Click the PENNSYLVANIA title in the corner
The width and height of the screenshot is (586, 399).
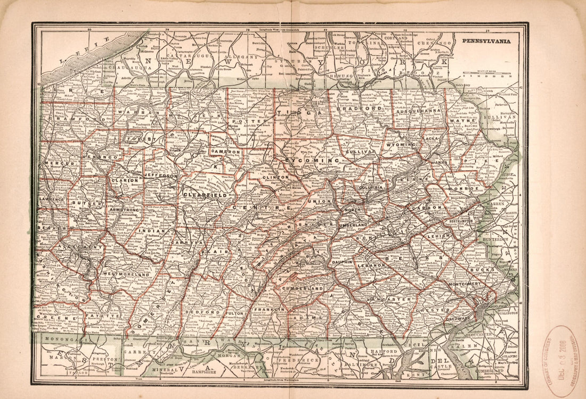[x=486, y=40]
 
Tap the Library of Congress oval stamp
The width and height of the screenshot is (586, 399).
[x=559, y=361]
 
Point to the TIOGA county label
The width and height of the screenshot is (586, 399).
[x=304, y=113]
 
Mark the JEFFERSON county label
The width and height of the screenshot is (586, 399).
[x=160, y=175]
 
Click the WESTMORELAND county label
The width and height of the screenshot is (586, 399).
[x=126, y=274]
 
